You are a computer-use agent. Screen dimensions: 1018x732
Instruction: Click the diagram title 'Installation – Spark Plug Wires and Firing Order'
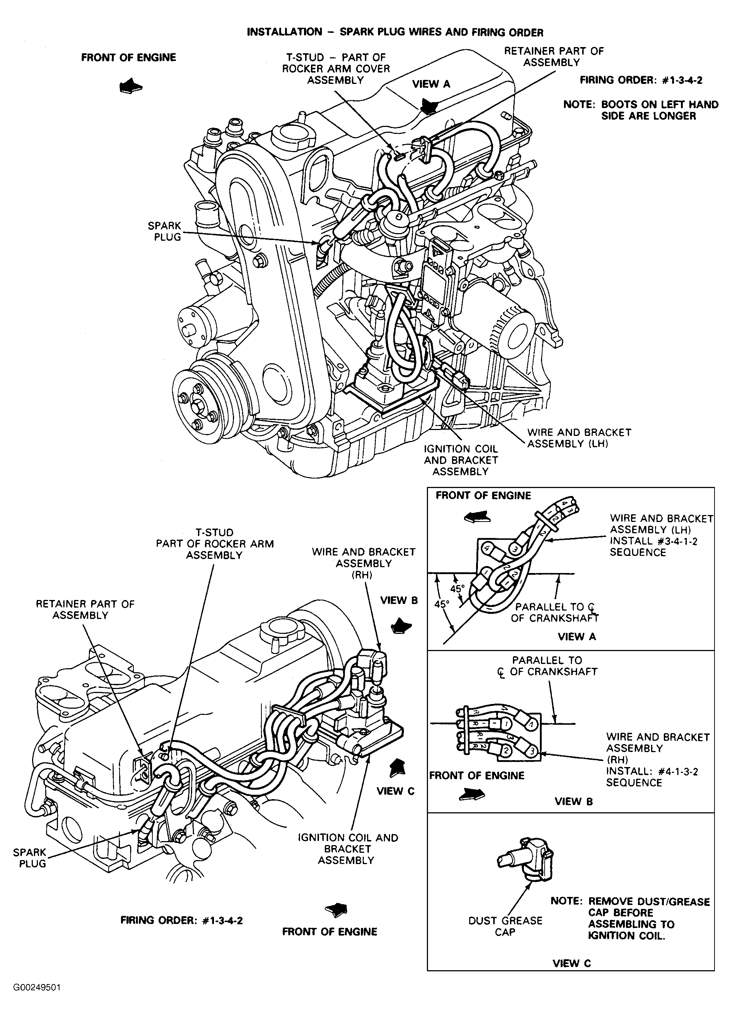click(395, 32)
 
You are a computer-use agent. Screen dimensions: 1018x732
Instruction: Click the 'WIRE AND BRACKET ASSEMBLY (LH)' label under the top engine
click(579, 438)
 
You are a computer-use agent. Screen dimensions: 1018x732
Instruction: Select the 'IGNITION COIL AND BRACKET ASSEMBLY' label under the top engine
click(461, 460)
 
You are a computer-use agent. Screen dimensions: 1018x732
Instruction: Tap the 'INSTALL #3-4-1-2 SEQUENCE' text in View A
click(653, 546)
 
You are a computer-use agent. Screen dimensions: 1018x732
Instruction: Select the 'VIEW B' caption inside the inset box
click(574, 801)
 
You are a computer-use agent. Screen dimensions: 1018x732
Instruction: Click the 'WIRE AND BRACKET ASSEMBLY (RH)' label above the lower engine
click(364, 563)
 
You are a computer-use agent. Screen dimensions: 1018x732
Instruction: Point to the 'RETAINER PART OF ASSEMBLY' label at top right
click(553, 57)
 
